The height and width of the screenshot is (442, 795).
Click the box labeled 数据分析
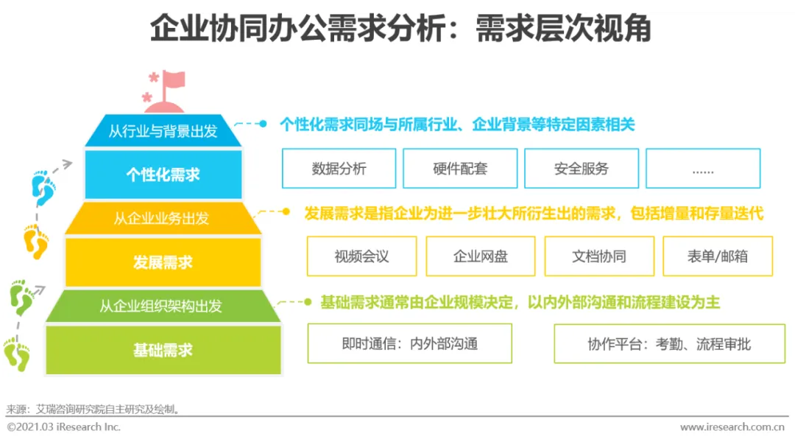pyautogui.click(x=339, y=169)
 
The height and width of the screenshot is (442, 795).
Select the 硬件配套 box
pyautogui.click(x=460, y=169)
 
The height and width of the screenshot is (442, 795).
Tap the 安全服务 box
pyautogui.click(x=582, y=169)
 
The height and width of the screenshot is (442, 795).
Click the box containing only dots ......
pyautogui.click(x=702, y=169)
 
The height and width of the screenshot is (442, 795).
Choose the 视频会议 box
pyautogui.click(x=361, y=256)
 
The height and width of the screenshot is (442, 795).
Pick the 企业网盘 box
pyautogui.click(x=481, y=256)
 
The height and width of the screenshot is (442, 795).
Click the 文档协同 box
pyautogui.click(x=599, y=256)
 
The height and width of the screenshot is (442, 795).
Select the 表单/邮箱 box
pyautogui.click(x=718, y=256)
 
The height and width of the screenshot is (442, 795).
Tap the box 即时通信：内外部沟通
pyautogui.click(x=409, y=343)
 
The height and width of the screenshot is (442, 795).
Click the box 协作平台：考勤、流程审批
pyautogui.click(x=669, y=343)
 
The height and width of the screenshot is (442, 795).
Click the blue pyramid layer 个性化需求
pyautogui.click(x=163, y=175)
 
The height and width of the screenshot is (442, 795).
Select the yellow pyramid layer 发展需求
pyautogui.click(x=163, y=262)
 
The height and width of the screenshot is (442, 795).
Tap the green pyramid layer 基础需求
pyautogui.click(x=163, y=350)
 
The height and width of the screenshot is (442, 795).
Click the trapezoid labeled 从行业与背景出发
pyautogui.click(x=163, y=131)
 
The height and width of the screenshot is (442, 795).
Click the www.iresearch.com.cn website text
pyautogui.click(x=732, y=427)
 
